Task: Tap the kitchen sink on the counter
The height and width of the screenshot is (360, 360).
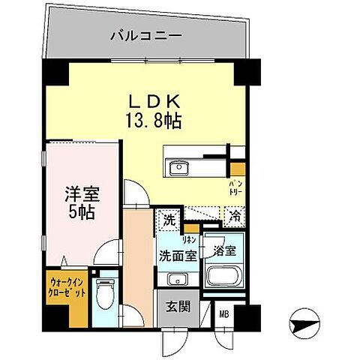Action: point(178,168)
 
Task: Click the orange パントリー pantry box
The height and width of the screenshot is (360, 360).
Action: point(237,168)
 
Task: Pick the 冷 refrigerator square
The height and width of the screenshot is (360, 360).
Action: point(235,216)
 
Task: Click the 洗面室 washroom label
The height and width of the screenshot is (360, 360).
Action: point(178,255)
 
